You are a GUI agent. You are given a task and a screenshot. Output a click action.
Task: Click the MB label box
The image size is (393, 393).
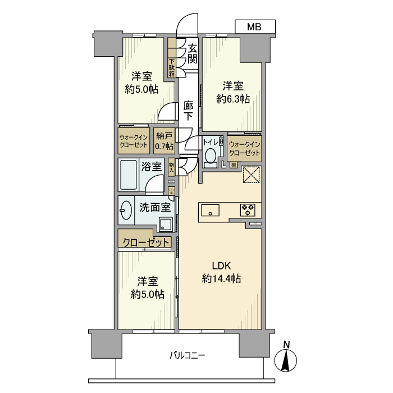(x=255, y=26)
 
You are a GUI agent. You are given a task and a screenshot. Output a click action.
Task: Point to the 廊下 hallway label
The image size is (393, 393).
(x=189, y=111)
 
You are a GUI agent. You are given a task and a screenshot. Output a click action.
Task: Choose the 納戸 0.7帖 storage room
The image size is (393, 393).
(x=164, y=139)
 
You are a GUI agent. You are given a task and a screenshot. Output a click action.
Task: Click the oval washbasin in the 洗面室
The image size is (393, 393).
(x=126, y=211)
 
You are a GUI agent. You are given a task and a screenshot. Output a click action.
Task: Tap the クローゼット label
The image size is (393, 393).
(x=145, y=243)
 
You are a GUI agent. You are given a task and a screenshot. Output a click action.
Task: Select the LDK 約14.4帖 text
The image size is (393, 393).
(x=221, y=272)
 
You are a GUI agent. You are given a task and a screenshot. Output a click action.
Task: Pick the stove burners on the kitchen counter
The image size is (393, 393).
(x=248, y=211)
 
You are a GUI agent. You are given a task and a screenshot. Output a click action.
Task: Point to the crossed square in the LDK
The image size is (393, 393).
(x=250, y=175)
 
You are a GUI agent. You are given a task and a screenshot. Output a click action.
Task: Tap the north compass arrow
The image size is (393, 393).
(x=287, y=360)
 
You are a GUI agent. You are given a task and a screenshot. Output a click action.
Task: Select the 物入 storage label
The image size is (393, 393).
(x=171, y=167)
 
